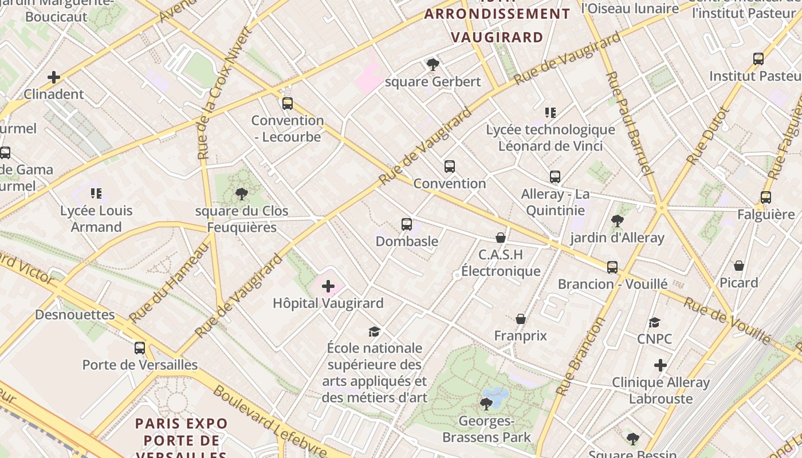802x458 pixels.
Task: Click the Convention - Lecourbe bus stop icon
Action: [x=288, y=104]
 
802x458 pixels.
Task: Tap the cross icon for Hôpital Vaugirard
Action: [x=328, y=286]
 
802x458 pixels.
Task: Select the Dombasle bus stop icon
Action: [x=407, y=224]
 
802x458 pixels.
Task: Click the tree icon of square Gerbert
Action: [x=433, y=65]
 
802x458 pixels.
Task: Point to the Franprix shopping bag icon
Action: [x=521, y=319]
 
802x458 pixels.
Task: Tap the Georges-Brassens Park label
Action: [x=486, y=429]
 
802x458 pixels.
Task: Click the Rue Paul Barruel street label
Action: [x=629, y=123]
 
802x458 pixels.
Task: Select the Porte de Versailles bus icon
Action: [x=140, y=348]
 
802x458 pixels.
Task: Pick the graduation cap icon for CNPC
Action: [x=654, y=322]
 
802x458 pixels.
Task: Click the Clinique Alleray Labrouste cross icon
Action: [x=661, y=365]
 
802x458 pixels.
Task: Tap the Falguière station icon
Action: [x=766, y=198]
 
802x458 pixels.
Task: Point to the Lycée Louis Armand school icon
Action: [x=96, y=194]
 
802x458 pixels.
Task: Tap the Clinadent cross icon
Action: [x=54, y=77]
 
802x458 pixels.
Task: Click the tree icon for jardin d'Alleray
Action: [x=617, y=221]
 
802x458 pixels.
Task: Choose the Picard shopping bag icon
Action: [x=739, y=266]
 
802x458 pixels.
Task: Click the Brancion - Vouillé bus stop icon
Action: [x=612, y=267]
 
